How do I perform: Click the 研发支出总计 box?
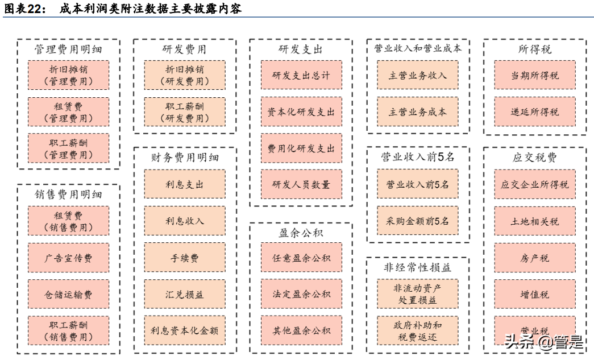(301, 75)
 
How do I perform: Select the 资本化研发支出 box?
(301, 111)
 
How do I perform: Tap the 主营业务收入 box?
(418, 75)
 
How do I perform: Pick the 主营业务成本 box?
(418, 111)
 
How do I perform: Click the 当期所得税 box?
(534, 75)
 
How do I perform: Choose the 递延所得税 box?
(534, 111)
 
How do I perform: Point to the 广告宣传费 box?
(68, 258)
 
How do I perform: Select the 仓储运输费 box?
(68, 294)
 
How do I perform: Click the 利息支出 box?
(185, 184)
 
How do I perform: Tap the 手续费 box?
(185, 258)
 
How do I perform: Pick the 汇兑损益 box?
(185, 294)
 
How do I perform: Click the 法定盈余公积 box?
(301, 294)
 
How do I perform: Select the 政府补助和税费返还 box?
(418, 330)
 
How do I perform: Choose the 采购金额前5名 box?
(418, 221)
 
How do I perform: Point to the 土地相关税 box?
(534, 221)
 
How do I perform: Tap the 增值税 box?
(534, 294)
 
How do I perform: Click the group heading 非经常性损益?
(418, 267)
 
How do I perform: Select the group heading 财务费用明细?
(185, 158)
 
